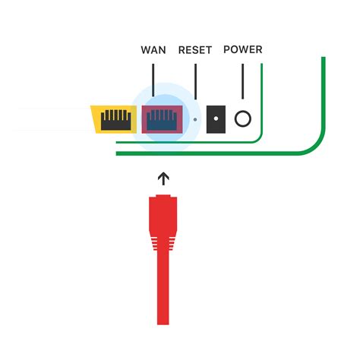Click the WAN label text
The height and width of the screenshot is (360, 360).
click(x=153, y=51)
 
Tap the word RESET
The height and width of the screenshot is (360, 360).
click(x=195, y=51)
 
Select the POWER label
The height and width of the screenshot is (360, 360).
click(x=242, y=50)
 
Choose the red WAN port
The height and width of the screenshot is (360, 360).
click(x=162, y=118)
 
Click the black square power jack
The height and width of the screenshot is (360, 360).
click(x=218, y=118)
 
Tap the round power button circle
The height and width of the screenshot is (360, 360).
click(x=243, y=118)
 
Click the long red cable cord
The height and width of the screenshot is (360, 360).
click(x=162, y=296)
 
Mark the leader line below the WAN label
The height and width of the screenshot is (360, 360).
click(x=153, y=80)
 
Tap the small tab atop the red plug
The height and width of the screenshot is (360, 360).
click(x=162, y=197)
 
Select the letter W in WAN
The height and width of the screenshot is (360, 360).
click(x=145, y=51)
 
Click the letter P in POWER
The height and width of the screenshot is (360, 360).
click(x=226, y=50)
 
